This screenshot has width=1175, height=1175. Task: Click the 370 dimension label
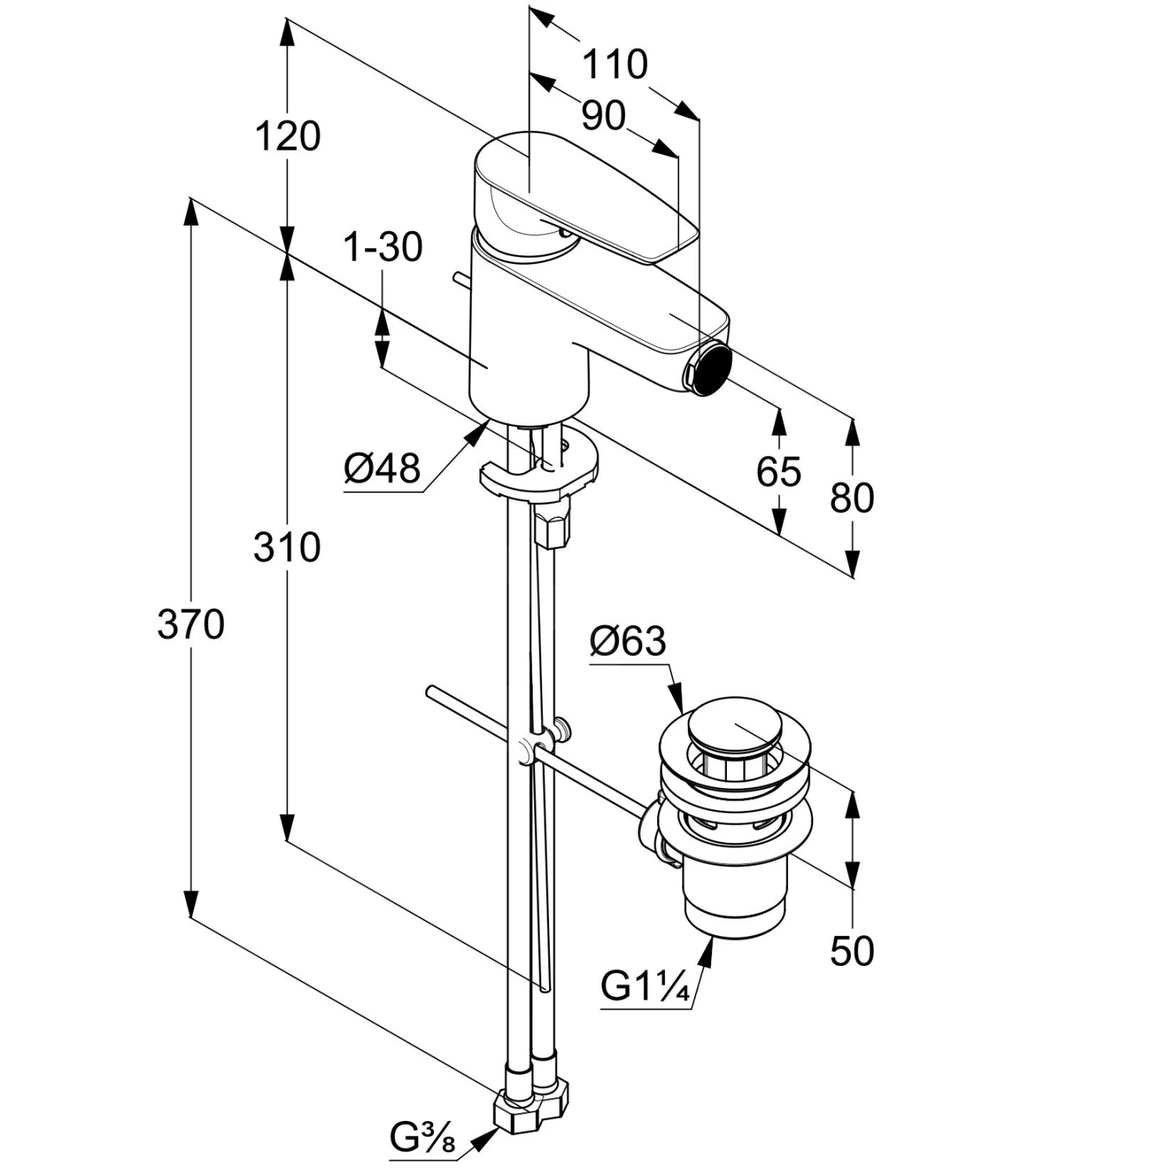(190, 625)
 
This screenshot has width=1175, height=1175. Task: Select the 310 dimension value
(287, 547)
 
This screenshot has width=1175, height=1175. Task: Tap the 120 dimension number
(287, 136)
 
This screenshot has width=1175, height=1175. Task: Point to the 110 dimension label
(614, 64)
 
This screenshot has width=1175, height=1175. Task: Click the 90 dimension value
(603, 116)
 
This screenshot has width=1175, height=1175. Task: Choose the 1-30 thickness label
(383, 248)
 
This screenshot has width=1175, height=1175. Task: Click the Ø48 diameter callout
(382, 469)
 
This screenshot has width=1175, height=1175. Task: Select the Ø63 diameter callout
(627, 642)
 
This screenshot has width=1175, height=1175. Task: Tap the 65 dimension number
(779, 472)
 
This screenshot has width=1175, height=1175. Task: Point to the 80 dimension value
(851, 497)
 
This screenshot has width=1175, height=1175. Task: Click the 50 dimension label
(851, 951)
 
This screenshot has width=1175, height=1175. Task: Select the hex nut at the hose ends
(530, 1109)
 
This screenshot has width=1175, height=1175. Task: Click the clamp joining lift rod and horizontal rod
(532, 748)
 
